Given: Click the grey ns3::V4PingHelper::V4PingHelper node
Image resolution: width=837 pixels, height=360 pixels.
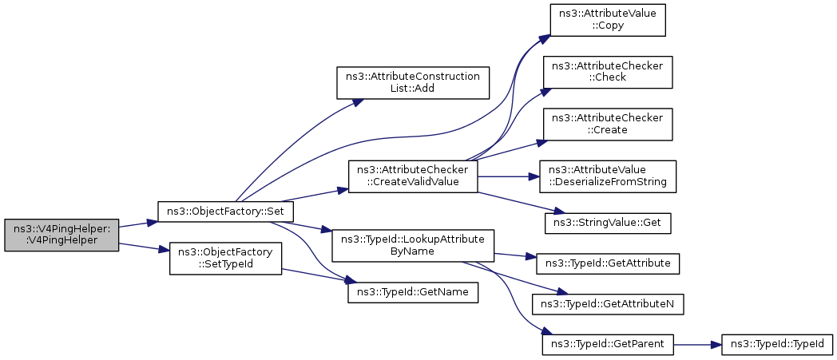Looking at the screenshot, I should pos(61,234).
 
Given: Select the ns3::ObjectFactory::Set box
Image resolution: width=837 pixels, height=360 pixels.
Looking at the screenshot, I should pos(226,212).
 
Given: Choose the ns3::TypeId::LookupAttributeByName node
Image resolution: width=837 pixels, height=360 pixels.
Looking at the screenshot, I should pos(412,245).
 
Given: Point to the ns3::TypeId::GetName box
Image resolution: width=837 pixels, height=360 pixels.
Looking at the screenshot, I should pos(412,293).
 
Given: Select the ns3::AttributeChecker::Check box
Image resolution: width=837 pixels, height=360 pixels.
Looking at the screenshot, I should pos(608,71).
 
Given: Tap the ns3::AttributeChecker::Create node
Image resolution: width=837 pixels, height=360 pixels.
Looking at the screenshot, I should pos(608,124).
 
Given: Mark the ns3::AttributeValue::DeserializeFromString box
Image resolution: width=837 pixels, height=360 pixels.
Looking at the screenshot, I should pos(608,176).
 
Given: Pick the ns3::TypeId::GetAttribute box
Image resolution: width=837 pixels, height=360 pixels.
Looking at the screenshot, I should pos(608,262).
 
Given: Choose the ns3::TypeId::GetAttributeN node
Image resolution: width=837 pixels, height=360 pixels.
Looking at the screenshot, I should pos(608,303).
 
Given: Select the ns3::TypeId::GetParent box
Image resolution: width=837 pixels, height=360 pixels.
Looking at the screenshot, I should pos(608,345).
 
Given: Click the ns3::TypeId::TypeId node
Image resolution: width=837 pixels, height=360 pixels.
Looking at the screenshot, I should pos(777,345).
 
